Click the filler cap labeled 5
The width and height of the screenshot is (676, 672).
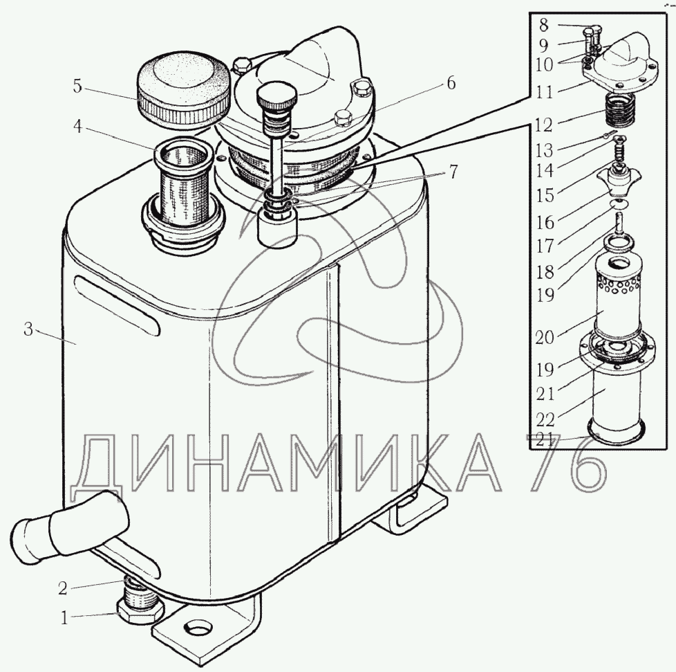point(182,90)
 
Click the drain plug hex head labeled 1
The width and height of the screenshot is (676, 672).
point(139,611)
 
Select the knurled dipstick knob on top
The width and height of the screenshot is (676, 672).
point(276,96)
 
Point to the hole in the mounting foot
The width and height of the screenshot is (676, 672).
point(198,627)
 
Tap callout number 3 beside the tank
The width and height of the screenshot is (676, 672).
point(28,329)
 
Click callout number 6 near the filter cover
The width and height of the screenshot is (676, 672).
point(451,83)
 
